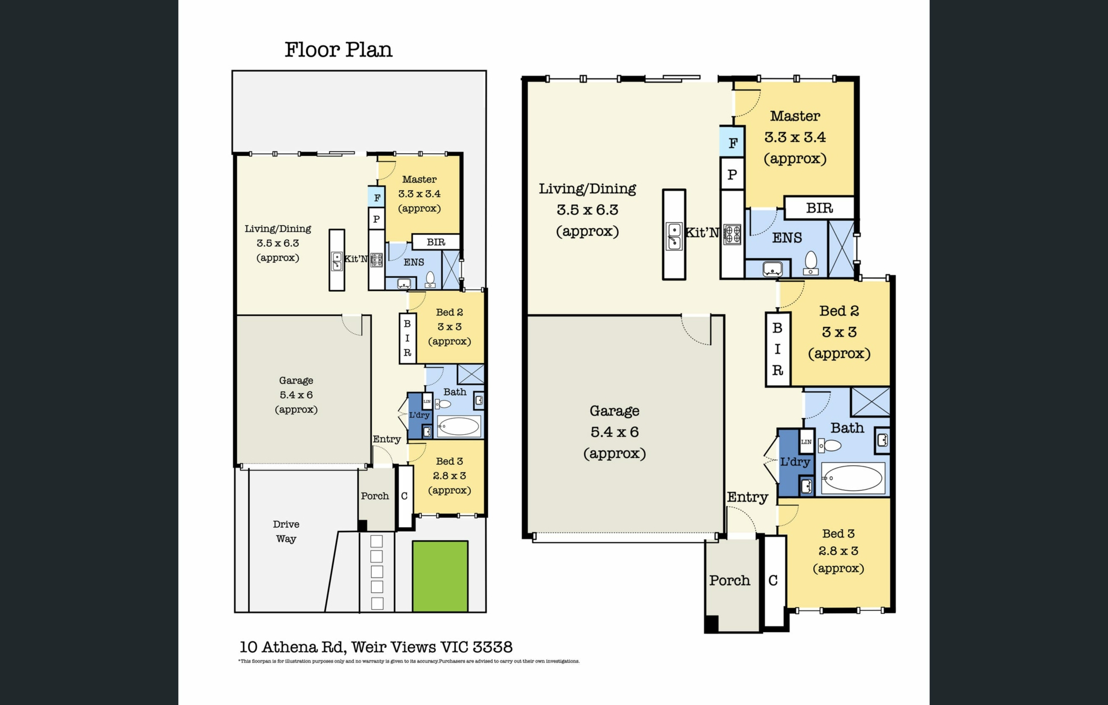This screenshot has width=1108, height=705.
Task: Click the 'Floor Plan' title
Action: pyautogui.click(x=338, y=50)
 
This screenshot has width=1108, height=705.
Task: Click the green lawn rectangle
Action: pyautogui.click(x=440, y=576)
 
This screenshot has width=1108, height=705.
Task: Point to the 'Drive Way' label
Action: pyautogui.click(x=286, y=531)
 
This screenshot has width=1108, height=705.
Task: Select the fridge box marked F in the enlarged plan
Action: pyautogui.click(x=732, y=142)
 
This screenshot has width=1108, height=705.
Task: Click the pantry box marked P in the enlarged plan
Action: pyautogui.click(x=732, y=174)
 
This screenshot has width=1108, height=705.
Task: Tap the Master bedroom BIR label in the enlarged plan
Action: pyautogui.click(x=819, y=208)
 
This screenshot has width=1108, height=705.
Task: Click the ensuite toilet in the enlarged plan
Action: pyautogui.click(x=811, y=263)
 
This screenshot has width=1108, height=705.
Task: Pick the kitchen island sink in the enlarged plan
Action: pyautogui.click(x=674, y=236)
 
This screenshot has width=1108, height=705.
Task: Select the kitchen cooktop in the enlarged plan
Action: pyautogui.click(x=732, y=234)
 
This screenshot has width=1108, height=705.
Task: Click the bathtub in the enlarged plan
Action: pyautogui.click(x=853, y=478)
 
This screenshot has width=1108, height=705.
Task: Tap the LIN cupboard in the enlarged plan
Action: pyautogui.click(x=806, y=441)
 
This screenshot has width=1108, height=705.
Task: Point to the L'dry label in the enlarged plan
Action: pyautogui.click(x=795, y=462)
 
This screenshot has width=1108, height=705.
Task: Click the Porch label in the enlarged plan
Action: pyautogui.click(x=729, y=580)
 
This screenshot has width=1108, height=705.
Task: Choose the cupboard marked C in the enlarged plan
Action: pyautogui.click(x=773, y=580)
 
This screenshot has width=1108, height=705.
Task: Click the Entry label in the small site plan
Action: pyautogui.click(x=387, y=439)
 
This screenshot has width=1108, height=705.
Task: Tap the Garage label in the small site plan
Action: pyautogui.click(x=296, y=381)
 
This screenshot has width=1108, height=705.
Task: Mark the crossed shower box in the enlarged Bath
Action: pyautogui.click(x=870, y=402)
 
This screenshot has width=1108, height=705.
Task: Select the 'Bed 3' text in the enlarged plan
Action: pyautogui.click(x=839, y=534)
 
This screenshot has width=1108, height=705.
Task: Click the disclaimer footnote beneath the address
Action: pyautogui.click(x=409, y=661)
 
